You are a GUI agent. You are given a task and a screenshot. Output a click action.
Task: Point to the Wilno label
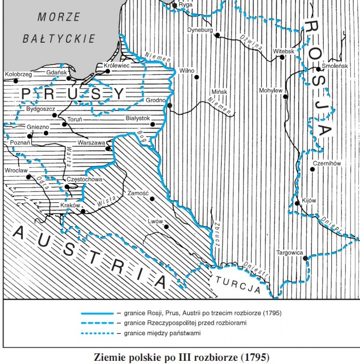point(187,70)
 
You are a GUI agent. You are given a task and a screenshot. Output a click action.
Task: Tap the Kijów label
point(309,200)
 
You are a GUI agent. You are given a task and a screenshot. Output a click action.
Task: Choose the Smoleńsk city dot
point(318,69)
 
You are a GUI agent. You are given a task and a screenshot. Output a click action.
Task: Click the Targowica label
point(290,252)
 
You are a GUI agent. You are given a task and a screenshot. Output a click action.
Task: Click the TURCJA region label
point(242,283)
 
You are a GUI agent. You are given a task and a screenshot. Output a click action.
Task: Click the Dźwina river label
point(252,41)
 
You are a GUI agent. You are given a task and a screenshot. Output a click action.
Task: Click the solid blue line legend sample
point(97,313)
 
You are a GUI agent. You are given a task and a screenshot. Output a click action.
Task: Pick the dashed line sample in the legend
point(97,323)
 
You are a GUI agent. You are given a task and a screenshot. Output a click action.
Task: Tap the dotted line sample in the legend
point(97,333)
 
